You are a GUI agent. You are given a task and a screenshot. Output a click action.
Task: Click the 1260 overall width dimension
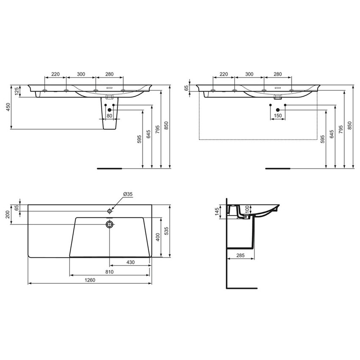pos(90,280)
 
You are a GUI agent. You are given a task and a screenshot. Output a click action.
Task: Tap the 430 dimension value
pos(130,263)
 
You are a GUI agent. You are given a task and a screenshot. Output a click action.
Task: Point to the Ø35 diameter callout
pos(128,194)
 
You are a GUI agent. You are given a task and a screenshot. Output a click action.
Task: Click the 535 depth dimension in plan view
pos(167,231)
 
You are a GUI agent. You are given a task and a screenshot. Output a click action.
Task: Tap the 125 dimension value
pos(17,91)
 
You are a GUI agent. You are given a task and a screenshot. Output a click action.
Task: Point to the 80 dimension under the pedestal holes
pos(109,116)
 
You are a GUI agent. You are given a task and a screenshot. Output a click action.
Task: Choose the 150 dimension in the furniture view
pos(278,116)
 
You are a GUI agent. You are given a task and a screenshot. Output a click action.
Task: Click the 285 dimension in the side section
pos(241,255)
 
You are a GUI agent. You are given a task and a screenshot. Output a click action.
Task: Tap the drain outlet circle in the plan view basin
pos(110,224)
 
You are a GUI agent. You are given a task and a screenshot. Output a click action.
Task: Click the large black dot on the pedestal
pos(109,110)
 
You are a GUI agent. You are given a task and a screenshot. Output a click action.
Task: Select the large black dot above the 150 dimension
pos(278,110)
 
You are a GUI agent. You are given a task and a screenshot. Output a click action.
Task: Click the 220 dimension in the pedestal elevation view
pos(55,74)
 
